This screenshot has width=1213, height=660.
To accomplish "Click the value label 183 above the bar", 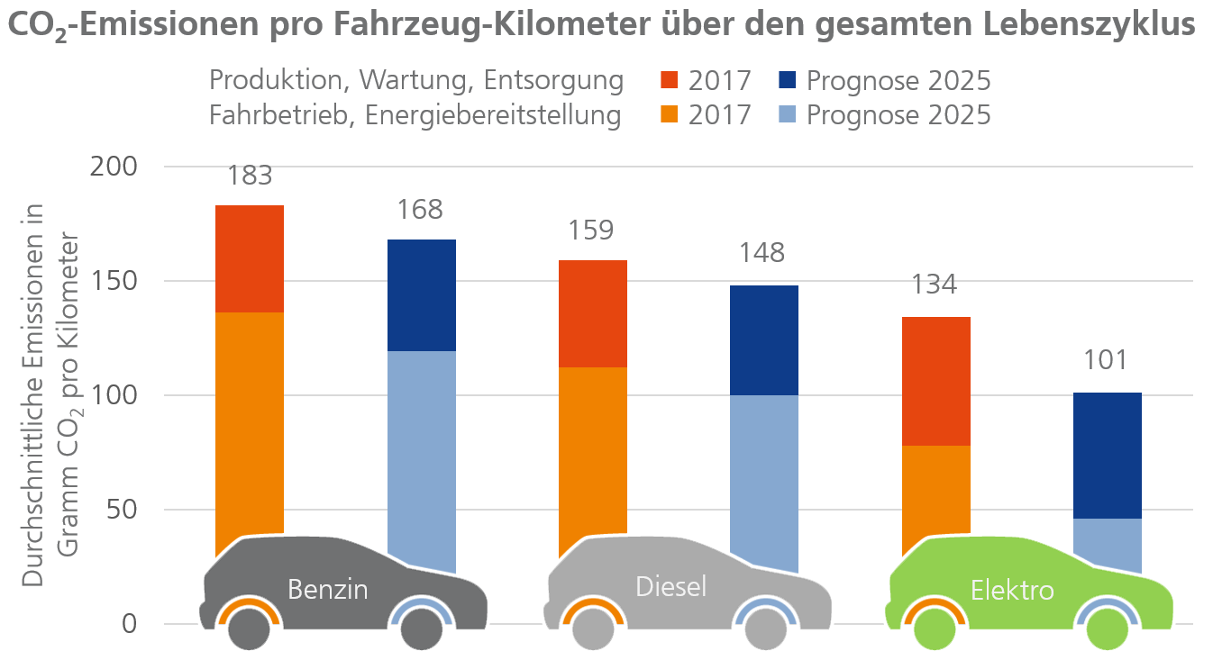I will pyautogui.click(x=251, y=175).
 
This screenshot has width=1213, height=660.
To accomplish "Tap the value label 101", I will pyautogui.click(x=1106, y=361).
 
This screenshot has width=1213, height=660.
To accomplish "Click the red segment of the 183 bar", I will pyautogui.click(x=251, y=258).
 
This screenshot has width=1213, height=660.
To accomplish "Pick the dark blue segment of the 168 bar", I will pyautogui.click(x=421, y=294).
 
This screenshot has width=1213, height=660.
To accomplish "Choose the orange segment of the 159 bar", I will pyautogui.click(x=592, y=450).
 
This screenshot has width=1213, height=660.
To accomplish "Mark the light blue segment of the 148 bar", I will pyautogui.click(x=763, y=468).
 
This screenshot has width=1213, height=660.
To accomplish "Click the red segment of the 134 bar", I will pyautogui.click(x=935, y=381).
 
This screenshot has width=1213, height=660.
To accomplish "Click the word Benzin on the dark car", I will pyautogui.click(x=328, y=590).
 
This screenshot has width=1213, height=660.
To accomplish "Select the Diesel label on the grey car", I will pyautogui.click(x=670, y=586).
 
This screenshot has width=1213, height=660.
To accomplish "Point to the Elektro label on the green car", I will pyautogui.click(x=1012, y=591).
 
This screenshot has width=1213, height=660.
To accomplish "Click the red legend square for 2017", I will pyautogui.click(x=669, y=81).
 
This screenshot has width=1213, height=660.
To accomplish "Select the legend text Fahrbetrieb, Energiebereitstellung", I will pyautogui.click(x=415, y=115).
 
